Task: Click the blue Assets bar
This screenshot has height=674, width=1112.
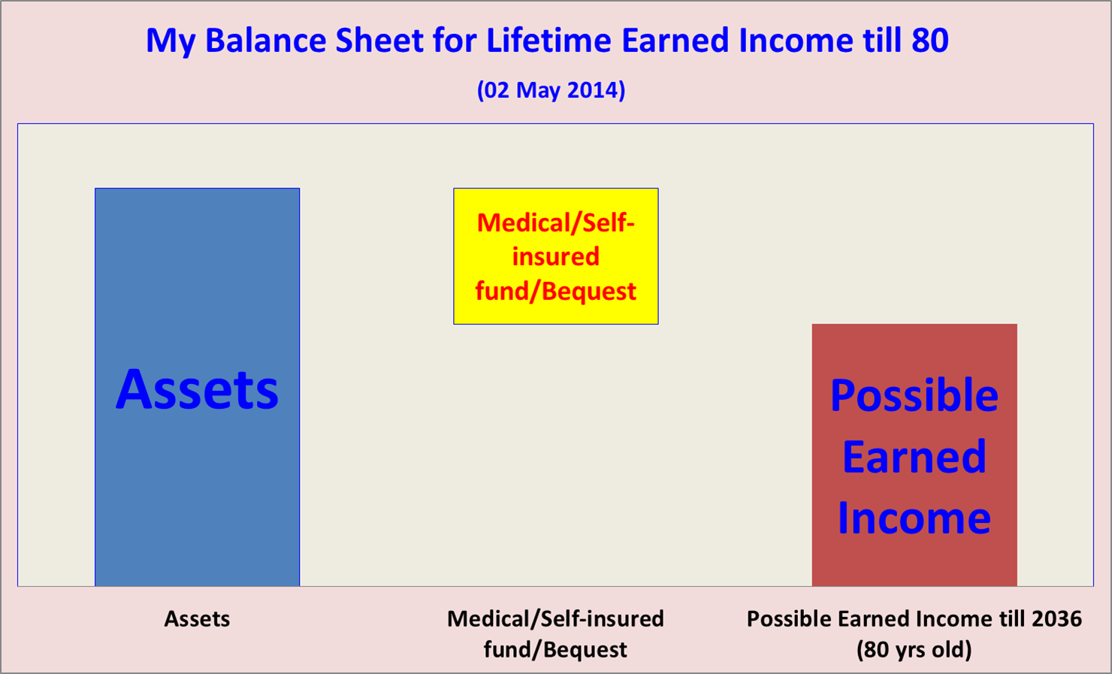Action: pos(197,387)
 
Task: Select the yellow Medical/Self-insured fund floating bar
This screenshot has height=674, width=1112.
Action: pos(556,256)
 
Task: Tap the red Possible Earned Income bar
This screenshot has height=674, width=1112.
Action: pos(914,455)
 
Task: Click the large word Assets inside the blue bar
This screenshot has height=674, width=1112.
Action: pos(197,390)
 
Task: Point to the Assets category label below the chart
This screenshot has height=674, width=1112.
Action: pos(197,619)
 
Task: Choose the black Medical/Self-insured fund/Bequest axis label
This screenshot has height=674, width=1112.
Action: pos(555,633)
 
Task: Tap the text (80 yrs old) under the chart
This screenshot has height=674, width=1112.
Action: pos(914,649)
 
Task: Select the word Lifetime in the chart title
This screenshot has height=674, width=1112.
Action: pos(548,40)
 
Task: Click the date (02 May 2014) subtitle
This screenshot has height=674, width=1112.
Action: pos(551,90)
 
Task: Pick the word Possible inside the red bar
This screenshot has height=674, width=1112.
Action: pos(914,395)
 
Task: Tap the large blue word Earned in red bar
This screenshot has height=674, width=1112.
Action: pos(914,457)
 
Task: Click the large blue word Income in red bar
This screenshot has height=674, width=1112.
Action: pos(914,518)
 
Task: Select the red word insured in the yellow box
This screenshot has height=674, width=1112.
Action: pos(556,256)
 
